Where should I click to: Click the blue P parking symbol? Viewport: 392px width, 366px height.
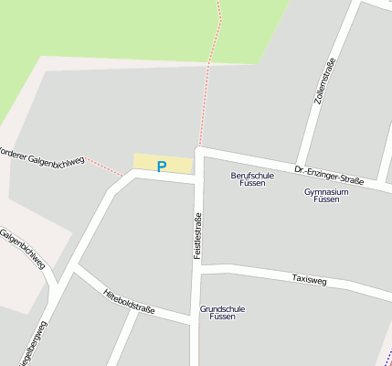tap(162, 167)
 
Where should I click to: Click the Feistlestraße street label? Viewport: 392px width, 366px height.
tap(196, 235)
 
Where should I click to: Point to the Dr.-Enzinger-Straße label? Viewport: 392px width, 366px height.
tap(329, 175)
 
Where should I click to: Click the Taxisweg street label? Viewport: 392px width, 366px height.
tap(309, 278)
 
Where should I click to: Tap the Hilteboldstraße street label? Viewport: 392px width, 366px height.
tap(129, 303)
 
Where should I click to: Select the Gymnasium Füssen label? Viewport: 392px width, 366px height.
tap(326, 195)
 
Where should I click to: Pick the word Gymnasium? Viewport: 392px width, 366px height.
tap(326, 191)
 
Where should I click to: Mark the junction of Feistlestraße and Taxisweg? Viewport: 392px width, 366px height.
tap(198, 267)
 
